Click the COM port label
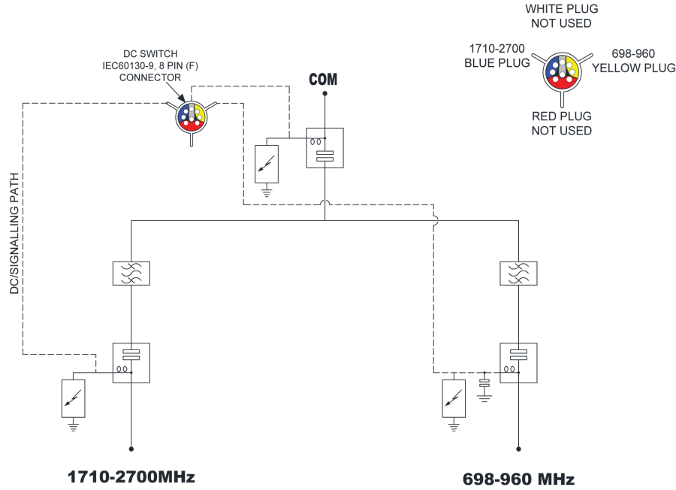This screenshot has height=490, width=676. tap(323, 80)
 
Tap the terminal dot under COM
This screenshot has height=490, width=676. tap(324, 94)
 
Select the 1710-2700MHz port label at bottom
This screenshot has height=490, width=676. tap(131, 476)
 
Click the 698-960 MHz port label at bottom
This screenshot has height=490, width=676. tap(518, 479)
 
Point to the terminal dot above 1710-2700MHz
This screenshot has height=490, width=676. tap(131, 449)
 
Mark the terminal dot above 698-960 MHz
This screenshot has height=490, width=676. tap(518, 449)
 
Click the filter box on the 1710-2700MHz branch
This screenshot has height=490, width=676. tap(131, 274)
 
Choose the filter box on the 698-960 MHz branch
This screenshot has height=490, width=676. tap(518, 274)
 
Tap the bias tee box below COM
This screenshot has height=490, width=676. tap(325, 148)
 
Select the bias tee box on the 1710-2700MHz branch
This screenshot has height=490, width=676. tap(131, 363)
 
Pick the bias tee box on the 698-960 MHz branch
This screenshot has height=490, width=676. tap(518, 363)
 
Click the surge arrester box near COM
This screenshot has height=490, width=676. tap(267, 165)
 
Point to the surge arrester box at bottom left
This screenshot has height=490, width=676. tap(74, 398)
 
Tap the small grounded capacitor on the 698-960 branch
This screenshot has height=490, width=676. tap(484, 383)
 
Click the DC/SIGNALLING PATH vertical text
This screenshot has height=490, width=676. tap(15, 234)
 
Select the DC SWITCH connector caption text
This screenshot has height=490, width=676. tap(150, 65)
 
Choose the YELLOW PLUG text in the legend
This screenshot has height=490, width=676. tap(634, 68)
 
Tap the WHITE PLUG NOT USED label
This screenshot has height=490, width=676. tap(561, 16)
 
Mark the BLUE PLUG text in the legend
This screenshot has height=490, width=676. tap(497, 63)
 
